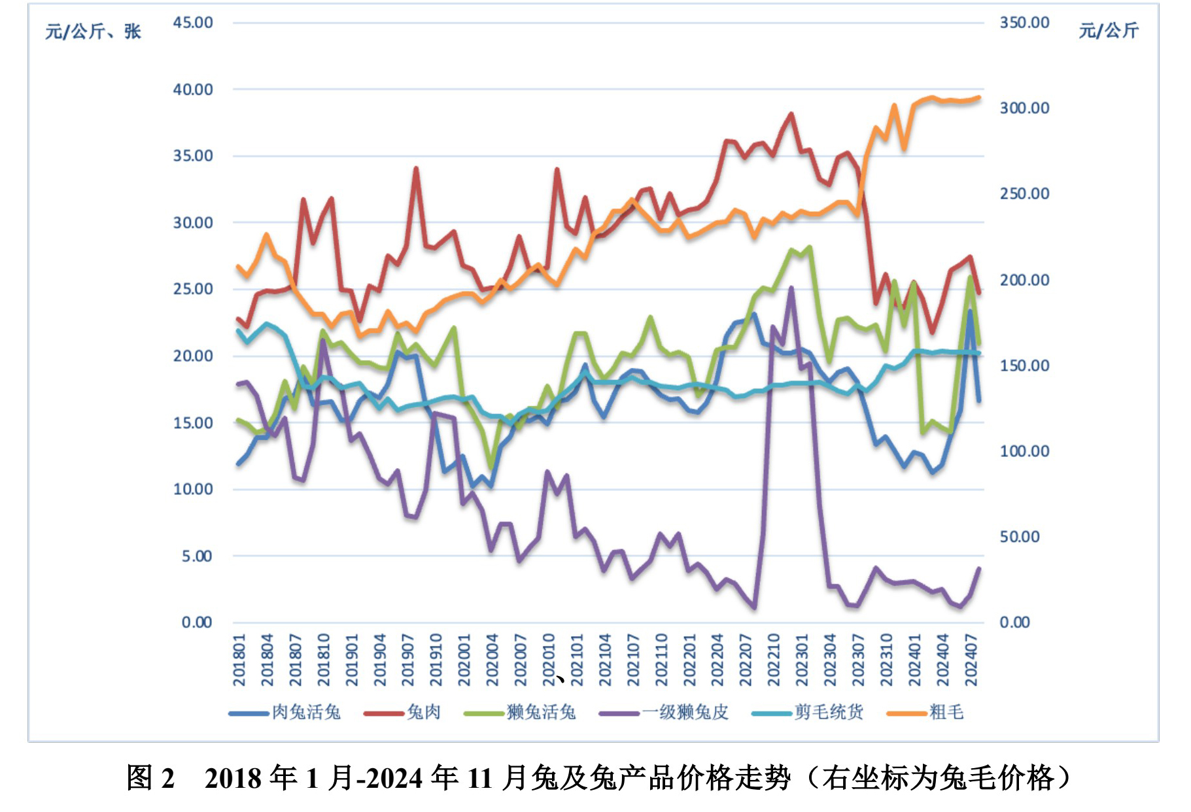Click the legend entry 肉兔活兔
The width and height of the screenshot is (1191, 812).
[305, 712]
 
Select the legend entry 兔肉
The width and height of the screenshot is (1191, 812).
[423, 712]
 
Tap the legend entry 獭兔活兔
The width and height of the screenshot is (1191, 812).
[540, 712]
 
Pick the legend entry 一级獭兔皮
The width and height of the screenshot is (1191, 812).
[685, 712]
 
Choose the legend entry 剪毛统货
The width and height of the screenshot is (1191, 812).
[828, 712]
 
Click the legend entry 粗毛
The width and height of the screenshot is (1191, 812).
[946, 712]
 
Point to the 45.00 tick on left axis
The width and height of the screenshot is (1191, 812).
[193, 23]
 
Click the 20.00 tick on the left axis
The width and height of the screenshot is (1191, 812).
[193, 356]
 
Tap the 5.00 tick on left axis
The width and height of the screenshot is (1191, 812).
[197, 556]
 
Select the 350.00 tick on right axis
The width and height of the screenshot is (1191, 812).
[1024, 23]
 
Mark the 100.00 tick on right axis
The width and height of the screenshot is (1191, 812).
[1024, 451]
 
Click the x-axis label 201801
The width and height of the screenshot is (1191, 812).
[239, 660]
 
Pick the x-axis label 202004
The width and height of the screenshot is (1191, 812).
[492, 660]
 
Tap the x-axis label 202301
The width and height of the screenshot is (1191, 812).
[802, 660]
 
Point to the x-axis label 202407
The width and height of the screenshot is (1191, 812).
[971, 660]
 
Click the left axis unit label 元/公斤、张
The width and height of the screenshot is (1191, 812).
[93, 31]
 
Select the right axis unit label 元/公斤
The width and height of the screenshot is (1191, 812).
[1109, 30]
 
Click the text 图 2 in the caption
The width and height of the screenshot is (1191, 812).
[150, 778]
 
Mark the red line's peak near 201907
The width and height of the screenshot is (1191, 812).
[416, 169]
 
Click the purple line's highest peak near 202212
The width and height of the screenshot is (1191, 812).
[791, 288]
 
